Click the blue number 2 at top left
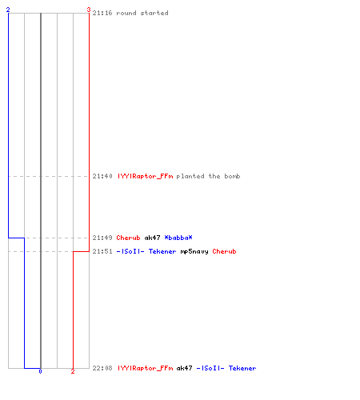click(8, 10)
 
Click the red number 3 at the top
click(89, 10)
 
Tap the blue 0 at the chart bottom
click(40, 371)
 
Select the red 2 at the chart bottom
click(73, 371)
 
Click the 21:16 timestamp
click(102, 13)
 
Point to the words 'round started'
click(142, 13)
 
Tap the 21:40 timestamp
click(102, 176)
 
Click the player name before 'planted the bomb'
click(146, 176)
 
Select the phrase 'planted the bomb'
click(208, 176)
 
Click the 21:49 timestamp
click(102, 238)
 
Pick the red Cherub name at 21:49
click(128, 238)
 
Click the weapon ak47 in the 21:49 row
click(152, 238)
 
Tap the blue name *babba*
click(178, 238)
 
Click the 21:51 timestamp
click(102, 251)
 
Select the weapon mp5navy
click(194, 251)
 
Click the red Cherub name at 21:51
click(224, 251)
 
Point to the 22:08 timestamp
click(102, 368)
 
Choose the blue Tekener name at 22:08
click(242, 368)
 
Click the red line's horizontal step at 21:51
click(81, 251)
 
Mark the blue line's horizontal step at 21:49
click(16, 238)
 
